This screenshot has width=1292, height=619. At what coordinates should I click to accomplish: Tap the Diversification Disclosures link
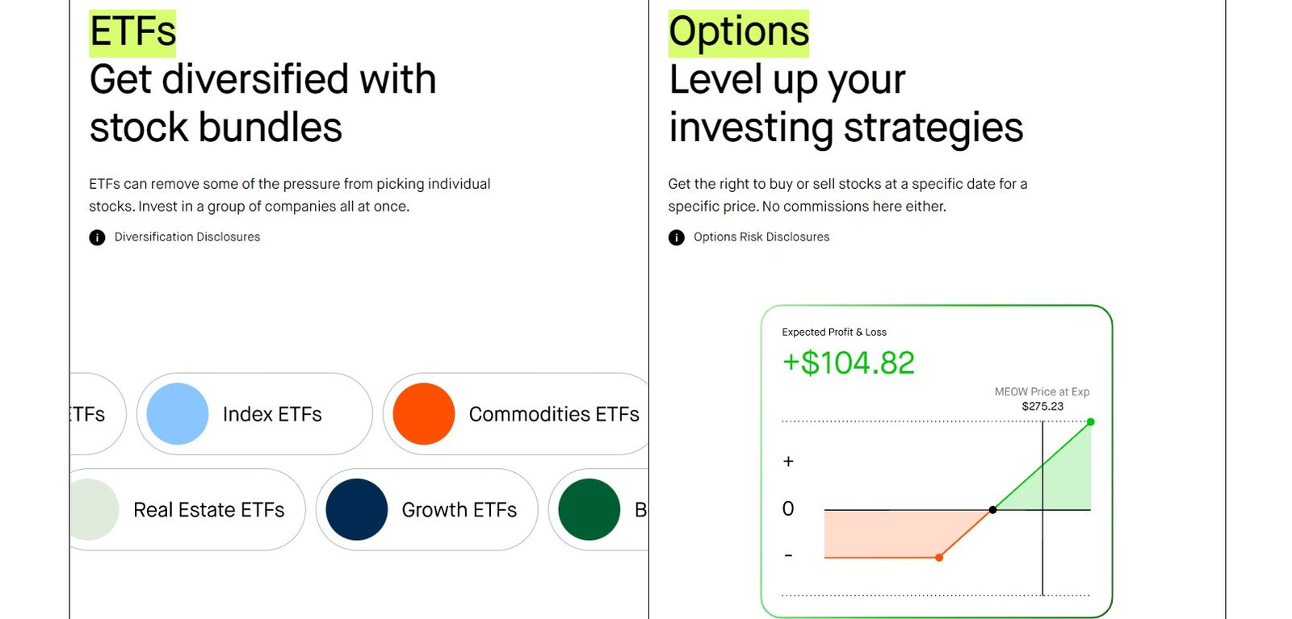tap(187, 237)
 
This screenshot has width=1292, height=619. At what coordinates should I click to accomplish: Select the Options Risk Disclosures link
tap(761, 237)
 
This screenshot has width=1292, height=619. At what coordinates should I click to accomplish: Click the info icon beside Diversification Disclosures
tap(97, 237)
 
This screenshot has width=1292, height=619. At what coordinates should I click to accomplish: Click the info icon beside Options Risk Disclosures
tap(677, 237)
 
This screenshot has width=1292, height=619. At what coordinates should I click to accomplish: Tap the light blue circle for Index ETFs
tap(178, 414)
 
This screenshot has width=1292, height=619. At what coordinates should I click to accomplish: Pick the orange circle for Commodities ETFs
tap(424, 414)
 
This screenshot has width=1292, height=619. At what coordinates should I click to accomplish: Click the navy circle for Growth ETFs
tap(357, 509)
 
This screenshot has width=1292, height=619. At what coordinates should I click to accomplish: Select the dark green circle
tap(589, 509)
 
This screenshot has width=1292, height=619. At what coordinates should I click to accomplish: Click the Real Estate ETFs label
tap(209, 510)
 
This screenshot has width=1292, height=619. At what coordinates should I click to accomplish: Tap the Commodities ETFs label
tap(554, 414)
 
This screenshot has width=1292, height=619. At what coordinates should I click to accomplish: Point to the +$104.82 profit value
tap(849, 363)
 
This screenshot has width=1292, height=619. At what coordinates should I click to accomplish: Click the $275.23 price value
tap(1042, 406)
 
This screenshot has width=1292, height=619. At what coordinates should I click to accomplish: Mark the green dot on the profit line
tap(1091, 422)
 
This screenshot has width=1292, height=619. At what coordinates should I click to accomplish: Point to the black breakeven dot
tap(992, 509)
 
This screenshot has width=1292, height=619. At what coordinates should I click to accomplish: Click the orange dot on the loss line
tap(940, 558)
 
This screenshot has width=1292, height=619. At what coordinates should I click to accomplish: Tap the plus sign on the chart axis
tap(788, 461)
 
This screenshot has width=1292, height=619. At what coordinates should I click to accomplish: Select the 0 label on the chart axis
tap(788, 508)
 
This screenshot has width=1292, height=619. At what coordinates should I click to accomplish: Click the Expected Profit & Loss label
tap(834, 332)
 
